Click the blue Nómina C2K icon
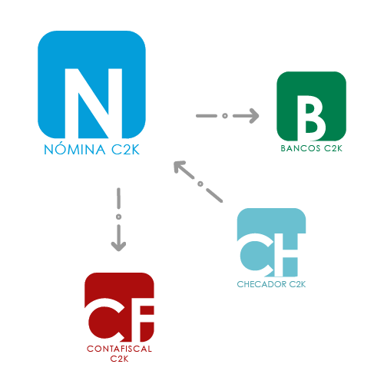click(91, 84)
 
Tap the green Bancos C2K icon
click(311, 106)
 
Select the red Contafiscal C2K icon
click(119, 307)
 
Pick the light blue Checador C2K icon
click(271, 243)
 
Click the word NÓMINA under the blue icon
click(74, 149)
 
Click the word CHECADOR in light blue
click(262, 284)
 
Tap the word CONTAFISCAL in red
click(119, 349)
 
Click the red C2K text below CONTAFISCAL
click(119, 359)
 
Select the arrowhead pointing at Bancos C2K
click(254, 116)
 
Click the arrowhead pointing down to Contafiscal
click(118, 247)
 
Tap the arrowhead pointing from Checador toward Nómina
click(179, 167)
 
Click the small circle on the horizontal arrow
click(225, 116)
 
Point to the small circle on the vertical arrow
click(118, 217)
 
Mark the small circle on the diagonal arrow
click(200, 184)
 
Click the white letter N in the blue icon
click(94, 103)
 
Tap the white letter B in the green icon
click(311, 118)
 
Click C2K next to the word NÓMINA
click(125, 149)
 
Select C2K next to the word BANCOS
click(333, 148)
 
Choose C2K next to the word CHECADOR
click(297, 284)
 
